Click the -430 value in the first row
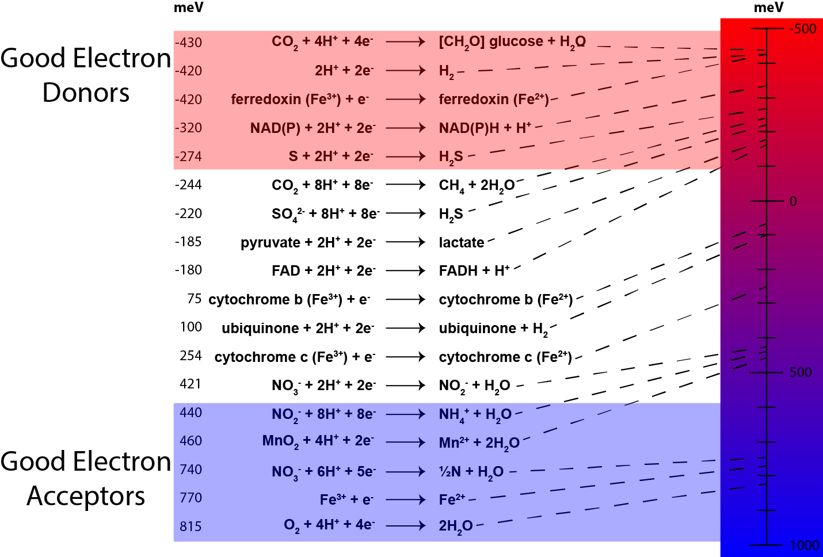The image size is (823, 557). (x=188, y=43)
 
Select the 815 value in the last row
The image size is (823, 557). (x=191, y=527)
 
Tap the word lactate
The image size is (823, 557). (x=461, y=242)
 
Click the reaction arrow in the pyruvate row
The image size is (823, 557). (x=405, y=242)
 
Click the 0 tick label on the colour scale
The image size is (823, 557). (x=793, y=201)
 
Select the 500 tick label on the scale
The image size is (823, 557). (x=801, y=372)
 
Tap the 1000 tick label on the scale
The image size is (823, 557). (x=804, y=545)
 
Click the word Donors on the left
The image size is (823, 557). (x=86, y=93)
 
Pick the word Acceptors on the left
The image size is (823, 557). (x=86, y=496)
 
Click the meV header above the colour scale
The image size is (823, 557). (x=768, y=7)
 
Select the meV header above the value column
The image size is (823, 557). (x=188, y=7)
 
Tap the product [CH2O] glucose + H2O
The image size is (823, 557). (x=512, y=42)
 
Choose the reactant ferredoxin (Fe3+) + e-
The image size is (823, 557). (x=300, y=100)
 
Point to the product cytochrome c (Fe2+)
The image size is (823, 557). (x=505, y=357)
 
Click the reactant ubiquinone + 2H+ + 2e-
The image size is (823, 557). (x=298, y=329)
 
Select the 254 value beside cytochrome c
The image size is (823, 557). (x=191, y=356)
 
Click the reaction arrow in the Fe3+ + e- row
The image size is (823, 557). (x=405, y=499)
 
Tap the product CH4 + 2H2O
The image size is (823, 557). (x=477, y=185)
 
